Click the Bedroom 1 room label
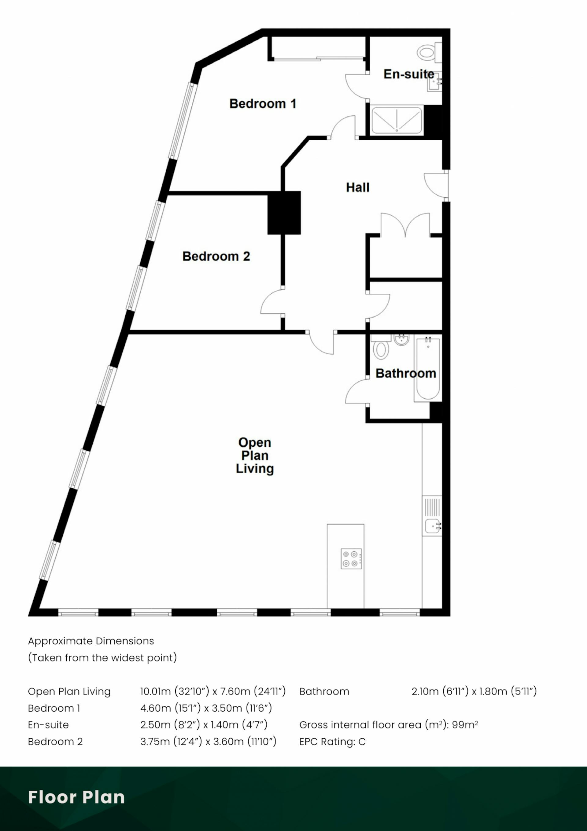point(263,104)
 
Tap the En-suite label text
point(409,74)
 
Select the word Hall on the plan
point(357,188)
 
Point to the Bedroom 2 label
point(216,256)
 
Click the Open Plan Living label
point(255,455)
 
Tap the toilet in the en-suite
point(427,53)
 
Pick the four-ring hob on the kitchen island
point(351,559)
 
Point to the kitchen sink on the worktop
point(432,526)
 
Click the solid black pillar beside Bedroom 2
point(284,213)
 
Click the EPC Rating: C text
point(332,742)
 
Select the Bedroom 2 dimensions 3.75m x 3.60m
point(208,742)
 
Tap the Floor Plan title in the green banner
point(76,797)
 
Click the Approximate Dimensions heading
point(91,641)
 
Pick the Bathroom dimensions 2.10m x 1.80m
point(474,691)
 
